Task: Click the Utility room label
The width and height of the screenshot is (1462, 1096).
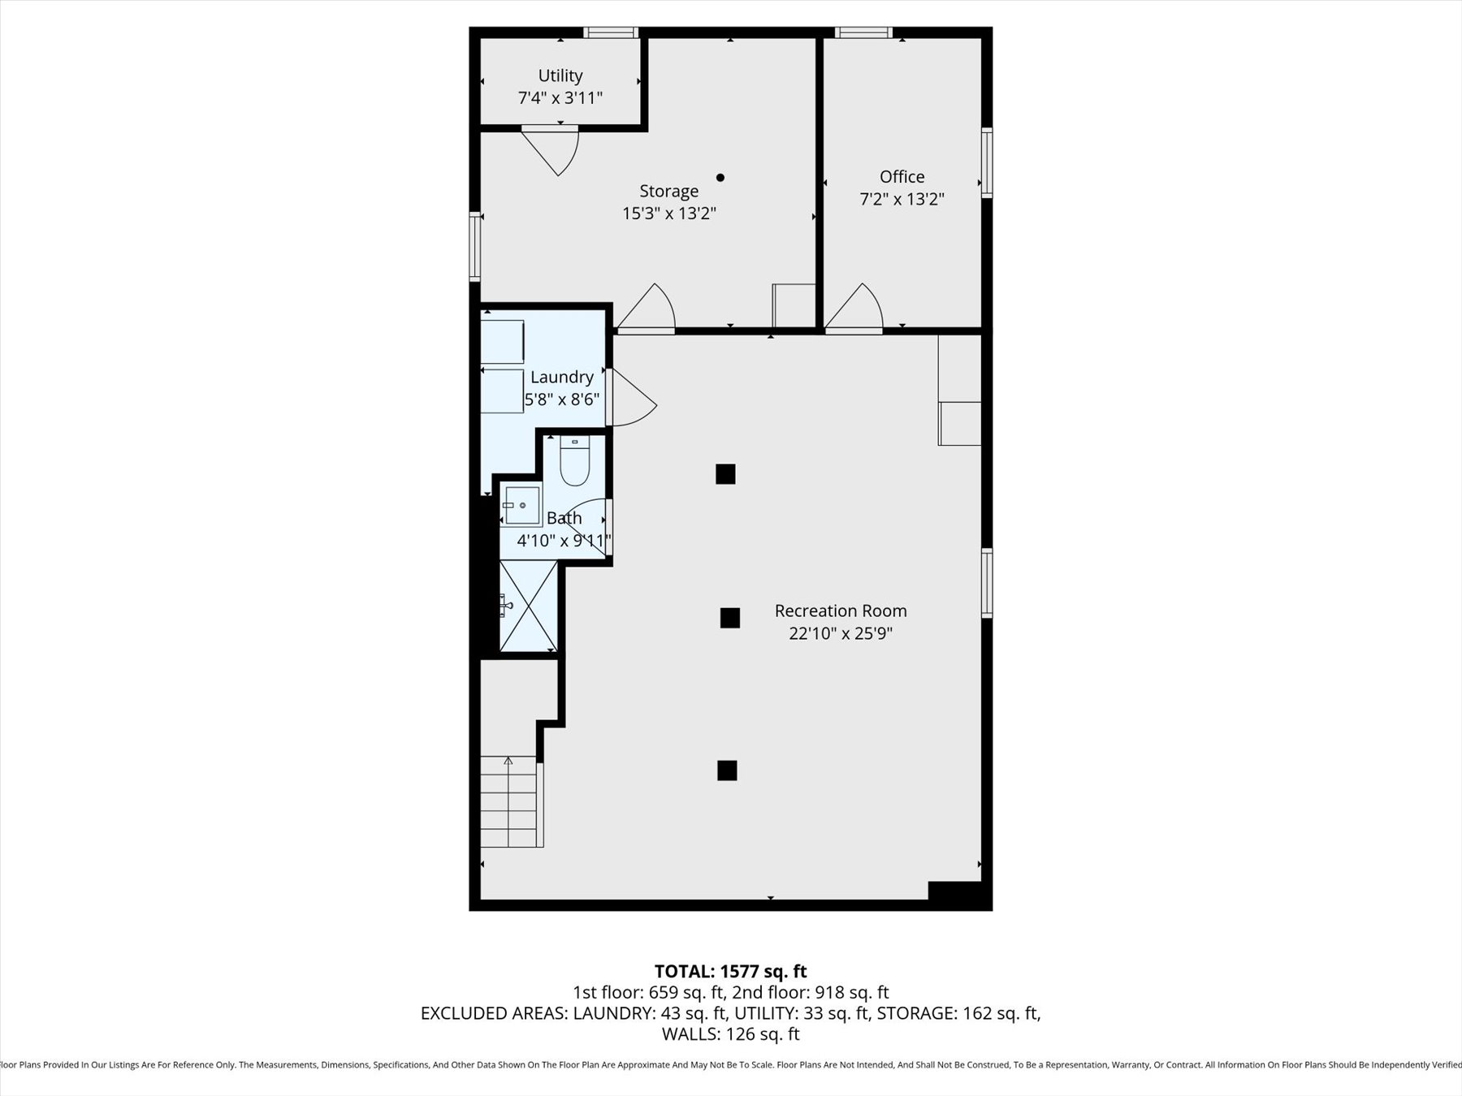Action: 560,76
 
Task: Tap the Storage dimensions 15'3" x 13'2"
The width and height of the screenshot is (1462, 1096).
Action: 668,214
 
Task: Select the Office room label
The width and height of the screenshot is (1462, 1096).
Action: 902,176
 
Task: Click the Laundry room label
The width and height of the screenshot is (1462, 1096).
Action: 561,377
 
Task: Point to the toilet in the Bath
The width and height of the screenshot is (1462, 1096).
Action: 574,463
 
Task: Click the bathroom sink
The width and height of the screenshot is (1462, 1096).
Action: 521,505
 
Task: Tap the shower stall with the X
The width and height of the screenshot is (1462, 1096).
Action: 528,606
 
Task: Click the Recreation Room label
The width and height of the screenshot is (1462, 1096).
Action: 840,611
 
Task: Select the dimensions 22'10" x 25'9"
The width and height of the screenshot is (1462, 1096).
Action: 840,633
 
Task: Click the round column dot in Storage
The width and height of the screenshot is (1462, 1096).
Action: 720,177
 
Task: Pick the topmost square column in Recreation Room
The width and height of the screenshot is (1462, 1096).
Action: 725,474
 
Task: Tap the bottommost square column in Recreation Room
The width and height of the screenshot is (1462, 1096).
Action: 727,770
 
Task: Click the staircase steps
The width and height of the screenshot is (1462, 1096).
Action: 509,802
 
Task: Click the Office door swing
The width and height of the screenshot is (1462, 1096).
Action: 858,309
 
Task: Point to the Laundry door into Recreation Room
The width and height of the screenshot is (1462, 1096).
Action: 632,399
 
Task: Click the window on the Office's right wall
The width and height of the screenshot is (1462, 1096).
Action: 987,162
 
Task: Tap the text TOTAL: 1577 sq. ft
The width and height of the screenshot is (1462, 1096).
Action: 730,971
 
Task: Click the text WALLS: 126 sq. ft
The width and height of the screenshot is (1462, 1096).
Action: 730,1034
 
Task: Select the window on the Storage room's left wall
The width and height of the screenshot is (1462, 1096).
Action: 475,246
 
